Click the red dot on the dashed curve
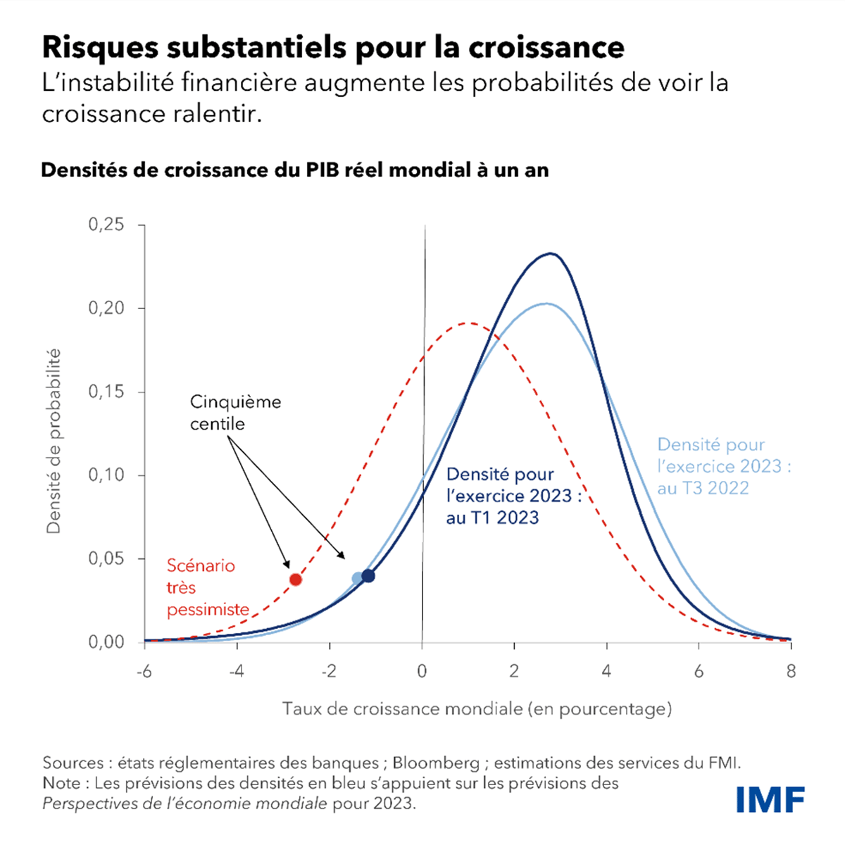pyautogui.click(x=296, y=580)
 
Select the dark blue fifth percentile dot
pyautogui.click(x=368, y=576)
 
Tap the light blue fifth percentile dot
pyautogui.click(x=358, y=579)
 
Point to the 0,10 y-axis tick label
pyautogui.click(x=106, y=475)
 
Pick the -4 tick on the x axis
pyautogui.click(x=236, y=672)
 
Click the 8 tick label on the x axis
pyautogui.click(x=791, y=672)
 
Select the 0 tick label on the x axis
pyautogui.click(x=422, y=672)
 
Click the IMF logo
pyautogui.click(x=770, y=799)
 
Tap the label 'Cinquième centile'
pyautogui.click(x=235, y=413)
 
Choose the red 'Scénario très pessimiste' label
pyautogui.click(x=207, y=587)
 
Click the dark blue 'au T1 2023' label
pyautogui.click(x=493, y=518)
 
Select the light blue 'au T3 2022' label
pyautogui.click(x=703, y=488)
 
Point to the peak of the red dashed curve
pyautogui.click(x=468, y=323)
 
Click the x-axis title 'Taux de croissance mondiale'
pyautogui.click(x=477, y=708)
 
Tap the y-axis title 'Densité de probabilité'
pyautogui.click(x=54, y=442)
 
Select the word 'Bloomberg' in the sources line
pyautogui.click(x=435, y=763)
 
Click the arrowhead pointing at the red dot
pyautogui.click(x=287, y=564)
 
